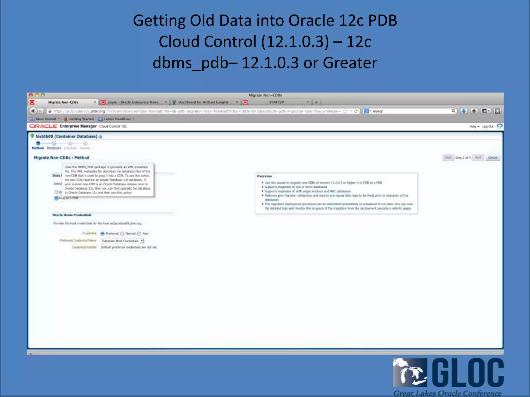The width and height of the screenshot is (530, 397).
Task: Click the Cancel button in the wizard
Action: click(x=492, y=157)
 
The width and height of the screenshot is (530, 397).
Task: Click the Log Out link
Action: click(x=488, y=126)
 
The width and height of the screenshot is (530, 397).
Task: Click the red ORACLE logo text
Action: click(x=43, y=126)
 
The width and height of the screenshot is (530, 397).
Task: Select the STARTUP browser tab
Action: click(x=276, y=102)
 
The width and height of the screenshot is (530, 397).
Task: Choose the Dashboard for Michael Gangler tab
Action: click(x=203, y=102)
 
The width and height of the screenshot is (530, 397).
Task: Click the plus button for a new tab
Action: click(x=316, y=102)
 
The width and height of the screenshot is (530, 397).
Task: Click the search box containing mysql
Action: click(x=411, y=111)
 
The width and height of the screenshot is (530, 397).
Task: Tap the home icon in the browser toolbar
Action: click(x=474, y=111)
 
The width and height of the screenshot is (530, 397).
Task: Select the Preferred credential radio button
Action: click(x=103, y=234)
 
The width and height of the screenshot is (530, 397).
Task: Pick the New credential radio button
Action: click(x=139, y=234)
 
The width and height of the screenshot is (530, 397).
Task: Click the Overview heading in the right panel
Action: click(x=264, y=176)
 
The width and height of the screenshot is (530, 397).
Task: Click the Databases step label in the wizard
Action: click(x=54, y=148)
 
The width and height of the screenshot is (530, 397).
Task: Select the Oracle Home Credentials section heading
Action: click(x=72, y=215)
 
